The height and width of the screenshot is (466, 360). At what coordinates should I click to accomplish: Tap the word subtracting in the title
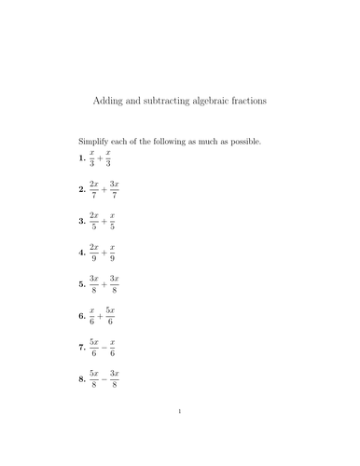click(164, 101)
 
